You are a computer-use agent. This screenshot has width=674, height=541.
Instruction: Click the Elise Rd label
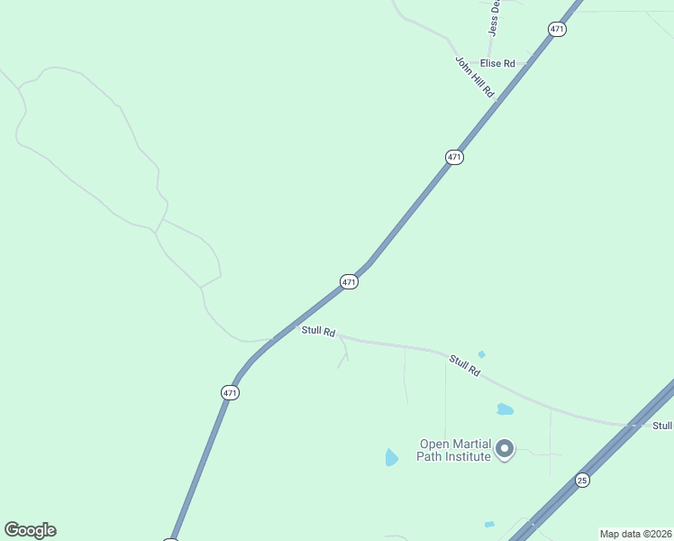(497, 63)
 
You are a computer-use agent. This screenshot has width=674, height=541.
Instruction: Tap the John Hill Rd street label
(475, 78)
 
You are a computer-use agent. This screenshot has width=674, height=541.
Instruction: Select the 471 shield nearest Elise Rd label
(557, 30)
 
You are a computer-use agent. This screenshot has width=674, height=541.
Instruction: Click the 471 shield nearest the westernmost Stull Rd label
(350, 282)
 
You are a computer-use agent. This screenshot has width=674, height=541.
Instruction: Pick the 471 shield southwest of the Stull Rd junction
(230, 392)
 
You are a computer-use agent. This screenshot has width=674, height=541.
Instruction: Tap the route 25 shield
(582, 481)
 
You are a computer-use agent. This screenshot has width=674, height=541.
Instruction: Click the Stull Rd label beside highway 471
(318, 332)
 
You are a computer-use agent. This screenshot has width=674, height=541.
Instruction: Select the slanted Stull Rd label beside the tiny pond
(465, 365)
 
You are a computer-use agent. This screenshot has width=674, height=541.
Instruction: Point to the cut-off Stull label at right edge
(662, 426)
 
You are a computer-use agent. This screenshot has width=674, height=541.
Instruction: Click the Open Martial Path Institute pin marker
(505, 447)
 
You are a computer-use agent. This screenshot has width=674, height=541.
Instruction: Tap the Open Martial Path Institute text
(454, 450)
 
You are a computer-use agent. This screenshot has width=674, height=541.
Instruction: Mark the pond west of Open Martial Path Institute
(391, 458)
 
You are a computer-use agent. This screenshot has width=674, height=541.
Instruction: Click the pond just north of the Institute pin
(505, 409)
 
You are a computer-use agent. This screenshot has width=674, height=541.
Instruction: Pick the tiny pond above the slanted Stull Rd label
(481, 354)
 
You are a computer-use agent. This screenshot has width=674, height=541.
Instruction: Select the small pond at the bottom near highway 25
(489, 524)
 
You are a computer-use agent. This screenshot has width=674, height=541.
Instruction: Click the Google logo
(30, 530)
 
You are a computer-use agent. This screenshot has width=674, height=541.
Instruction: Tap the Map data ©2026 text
(635, 534)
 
